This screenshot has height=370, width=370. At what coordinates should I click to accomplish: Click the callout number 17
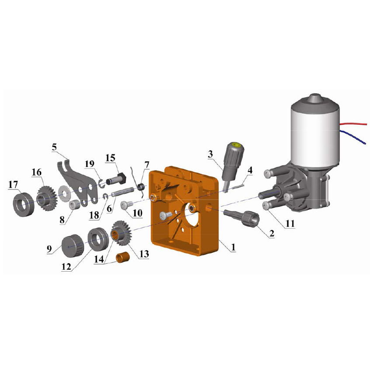pos(13,185)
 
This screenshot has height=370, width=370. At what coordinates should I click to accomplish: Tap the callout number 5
pos(54,147)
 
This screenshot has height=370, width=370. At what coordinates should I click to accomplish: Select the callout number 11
pos(290,223)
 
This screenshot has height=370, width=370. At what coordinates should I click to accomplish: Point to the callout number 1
pos(233,247)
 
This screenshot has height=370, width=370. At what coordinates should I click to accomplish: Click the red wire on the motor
pos(353,124)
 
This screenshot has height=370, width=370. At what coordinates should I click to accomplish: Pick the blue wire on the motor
pos(354,136)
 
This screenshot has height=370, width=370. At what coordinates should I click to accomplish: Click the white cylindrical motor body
pos(315,136)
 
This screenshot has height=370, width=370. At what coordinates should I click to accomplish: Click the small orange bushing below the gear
pos(122,258)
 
